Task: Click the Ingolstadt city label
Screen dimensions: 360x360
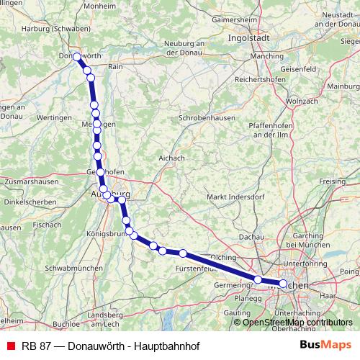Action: [x=249, y=37]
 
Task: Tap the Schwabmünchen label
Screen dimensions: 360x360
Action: [x=68, y=267]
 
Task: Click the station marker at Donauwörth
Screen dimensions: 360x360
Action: [x=77, y=56]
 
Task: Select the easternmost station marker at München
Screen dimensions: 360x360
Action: [x=283, y=284]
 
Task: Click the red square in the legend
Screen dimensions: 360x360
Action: [x=10, y=344]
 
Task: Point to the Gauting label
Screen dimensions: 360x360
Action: [x=237, y=314]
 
